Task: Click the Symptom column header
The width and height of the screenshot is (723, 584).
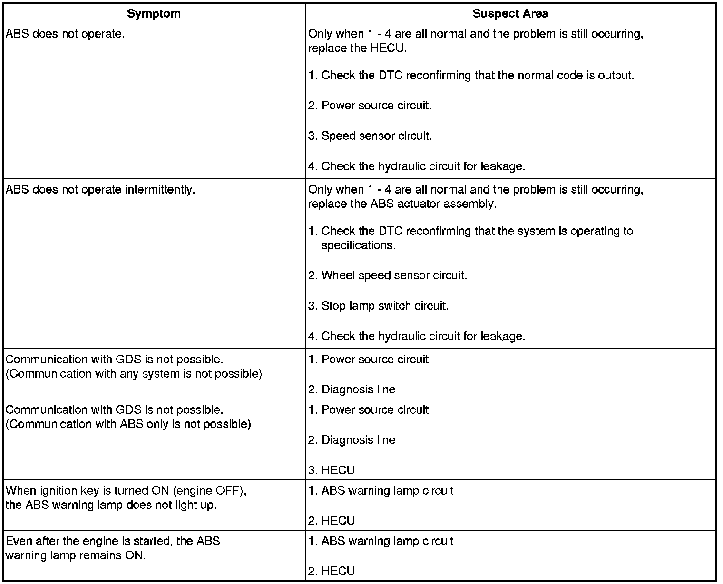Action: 154,13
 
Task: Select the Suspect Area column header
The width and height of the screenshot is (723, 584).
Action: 510,13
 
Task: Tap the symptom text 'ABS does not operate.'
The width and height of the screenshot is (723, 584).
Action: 65,34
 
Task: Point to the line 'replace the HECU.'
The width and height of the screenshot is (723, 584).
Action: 357,49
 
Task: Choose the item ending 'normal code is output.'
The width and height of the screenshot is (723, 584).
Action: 471,76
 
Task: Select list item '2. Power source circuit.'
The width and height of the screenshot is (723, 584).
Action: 370,106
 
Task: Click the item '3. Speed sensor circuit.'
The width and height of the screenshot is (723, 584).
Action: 370,136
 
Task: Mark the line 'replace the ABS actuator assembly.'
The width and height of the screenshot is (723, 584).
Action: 402,204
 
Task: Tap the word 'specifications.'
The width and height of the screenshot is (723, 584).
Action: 359,245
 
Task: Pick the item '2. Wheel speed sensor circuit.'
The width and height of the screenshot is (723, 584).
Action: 387,276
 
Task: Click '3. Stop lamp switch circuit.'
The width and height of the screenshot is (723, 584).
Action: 378,306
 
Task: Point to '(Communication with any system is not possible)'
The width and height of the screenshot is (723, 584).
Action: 134,374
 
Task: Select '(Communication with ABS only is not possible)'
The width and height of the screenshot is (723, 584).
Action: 128,424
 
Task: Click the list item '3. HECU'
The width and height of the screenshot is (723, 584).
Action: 331,470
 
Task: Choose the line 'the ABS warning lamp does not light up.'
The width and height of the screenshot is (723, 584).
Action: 111,505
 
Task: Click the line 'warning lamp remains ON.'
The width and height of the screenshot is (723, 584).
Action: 75,555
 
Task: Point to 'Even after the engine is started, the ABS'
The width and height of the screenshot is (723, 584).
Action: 113,541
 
